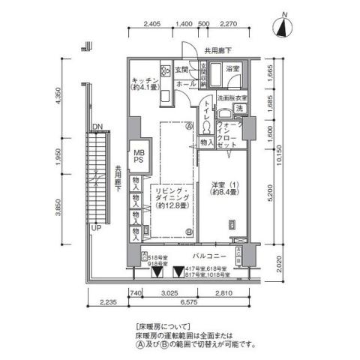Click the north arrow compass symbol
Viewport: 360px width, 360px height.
(x=283, y=27)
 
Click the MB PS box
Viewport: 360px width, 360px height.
(x=139, y=155)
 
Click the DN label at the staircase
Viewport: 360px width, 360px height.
(x=97, y=127)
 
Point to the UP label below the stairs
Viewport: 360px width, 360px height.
(x=95, y=226)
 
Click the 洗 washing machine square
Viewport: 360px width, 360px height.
(x=238, y=109)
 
